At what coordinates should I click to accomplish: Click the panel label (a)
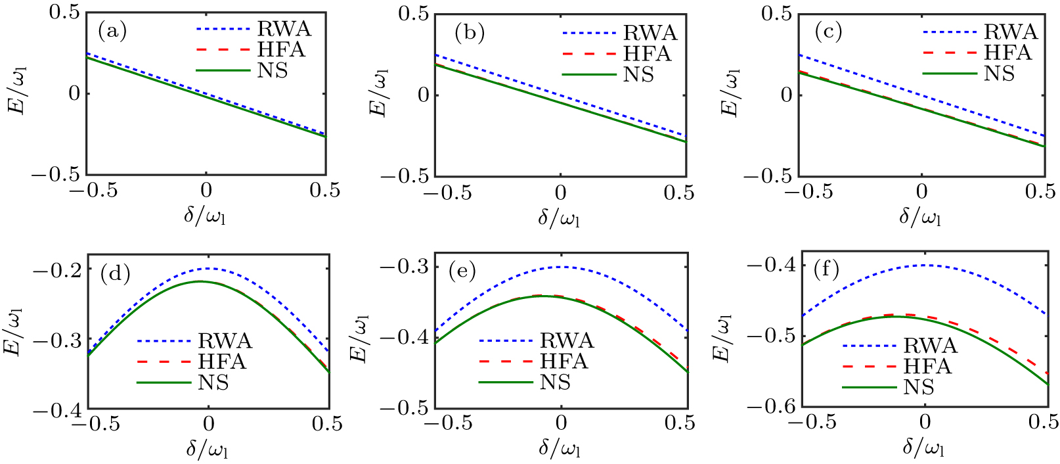pos(112,30)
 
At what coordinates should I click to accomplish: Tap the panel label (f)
pos(826,269)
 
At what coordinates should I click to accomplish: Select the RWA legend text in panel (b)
pos(650,33)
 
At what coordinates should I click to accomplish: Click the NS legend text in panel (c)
pos(999,74)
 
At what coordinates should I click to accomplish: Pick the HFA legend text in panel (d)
pos(222,361)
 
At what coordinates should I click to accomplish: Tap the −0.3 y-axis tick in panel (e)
pos(405,267)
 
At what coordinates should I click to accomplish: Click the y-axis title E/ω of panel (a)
pos(18,94)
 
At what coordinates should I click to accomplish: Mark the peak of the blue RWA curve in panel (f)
pos(925,265)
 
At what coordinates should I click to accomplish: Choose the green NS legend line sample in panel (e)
pos(505,382)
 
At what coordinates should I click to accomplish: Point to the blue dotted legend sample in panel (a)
pos(223,29)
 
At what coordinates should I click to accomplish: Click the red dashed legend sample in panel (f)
pos(869,366)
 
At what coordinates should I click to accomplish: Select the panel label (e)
pos(461,271)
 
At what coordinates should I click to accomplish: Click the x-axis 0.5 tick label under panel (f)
pos(1042,421)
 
